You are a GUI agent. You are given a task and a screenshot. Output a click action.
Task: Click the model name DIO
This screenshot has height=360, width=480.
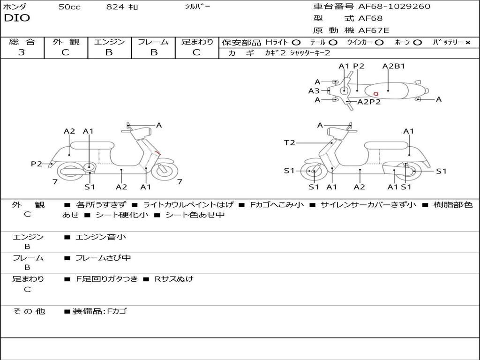click(x=17, y=18)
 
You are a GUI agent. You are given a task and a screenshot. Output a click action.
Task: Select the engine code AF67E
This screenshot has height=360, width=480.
click(x=374, y=30)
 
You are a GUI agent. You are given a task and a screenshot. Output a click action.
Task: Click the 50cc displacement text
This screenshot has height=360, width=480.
click(x=69, y=7)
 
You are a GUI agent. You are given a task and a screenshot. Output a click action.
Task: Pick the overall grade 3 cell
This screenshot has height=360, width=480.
click(x=22, y=52)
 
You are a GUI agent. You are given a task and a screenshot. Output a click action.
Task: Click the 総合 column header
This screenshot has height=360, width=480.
click(x=22, y=42)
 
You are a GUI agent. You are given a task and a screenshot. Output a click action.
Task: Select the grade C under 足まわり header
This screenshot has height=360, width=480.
click(x=196, y=52)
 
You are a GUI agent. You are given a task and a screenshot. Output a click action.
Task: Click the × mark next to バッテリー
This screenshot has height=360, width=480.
click(x=467, y=42)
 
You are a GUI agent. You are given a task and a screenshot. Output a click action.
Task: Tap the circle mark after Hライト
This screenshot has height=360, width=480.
click(x=296, y=42)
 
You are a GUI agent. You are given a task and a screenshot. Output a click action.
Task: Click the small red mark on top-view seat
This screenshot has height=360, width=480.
click(x=376, y=94)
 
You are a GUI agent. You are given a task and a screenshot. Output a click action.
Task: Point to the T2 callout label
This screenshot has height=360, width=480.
click(x=290, y=142)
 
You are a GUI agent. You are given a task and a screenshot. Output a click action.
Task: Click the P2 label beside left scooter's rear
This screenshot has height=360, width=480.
click(x=37, y=164)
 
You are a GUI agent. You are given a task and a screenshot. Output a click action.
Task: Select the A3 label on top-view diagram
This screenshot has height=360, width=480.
click(x=314, y=91)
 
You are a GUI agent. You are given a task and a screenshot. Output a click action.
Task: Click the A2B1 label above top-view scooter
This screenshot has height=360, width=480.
click(x=393, y=66)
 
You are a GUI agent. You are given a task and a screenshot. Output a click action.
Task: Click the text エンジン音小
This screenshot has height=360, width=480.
click(x=100, y=237)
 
